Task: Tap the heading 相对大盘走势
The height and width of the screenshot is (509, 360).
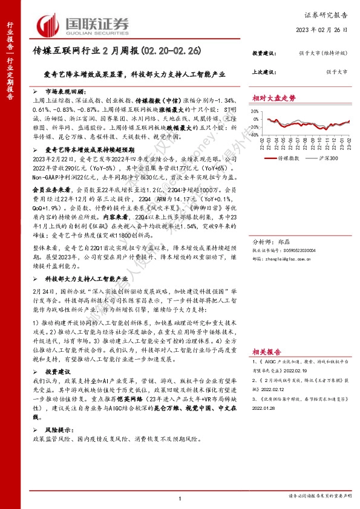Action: click(274, 97)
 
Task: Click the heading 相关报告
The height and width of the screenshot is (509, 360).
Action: click(264, 350)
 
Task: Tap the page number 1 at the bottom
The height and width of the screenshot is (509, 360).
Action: click(180, 498)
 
